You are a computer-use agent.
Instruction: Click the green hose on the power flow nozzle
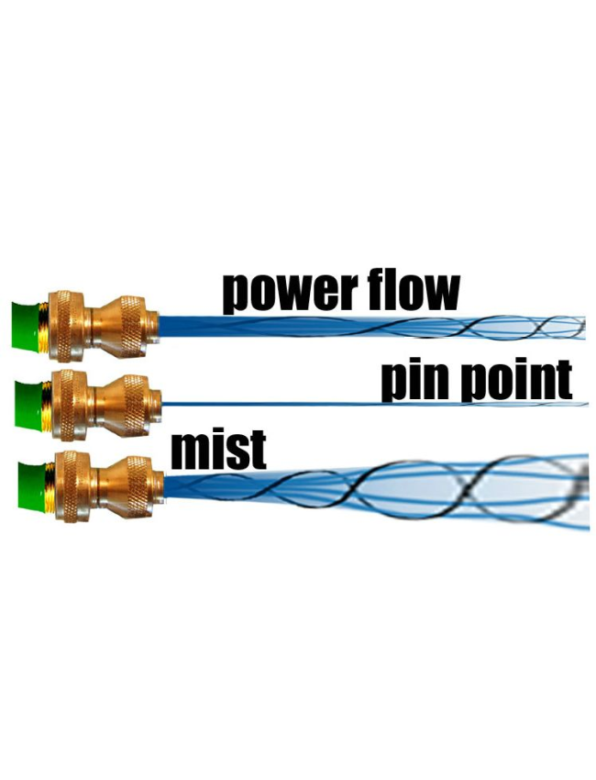pos(28,325)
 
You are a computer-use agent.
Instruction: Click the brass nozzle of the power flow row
pos(101,324)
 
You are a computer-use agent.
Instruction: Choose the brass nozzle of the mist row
pos(105,483)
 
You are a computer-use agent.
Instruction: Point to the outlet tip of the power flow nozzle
pos(156,323)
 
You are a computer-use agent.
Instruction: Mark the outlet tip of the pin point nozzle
pos(158,401)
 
